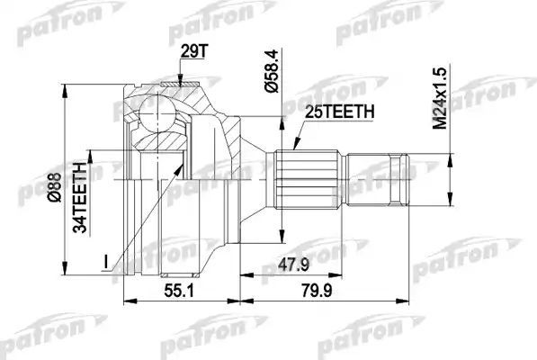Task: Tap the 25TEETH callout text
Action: coord(331,112)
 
